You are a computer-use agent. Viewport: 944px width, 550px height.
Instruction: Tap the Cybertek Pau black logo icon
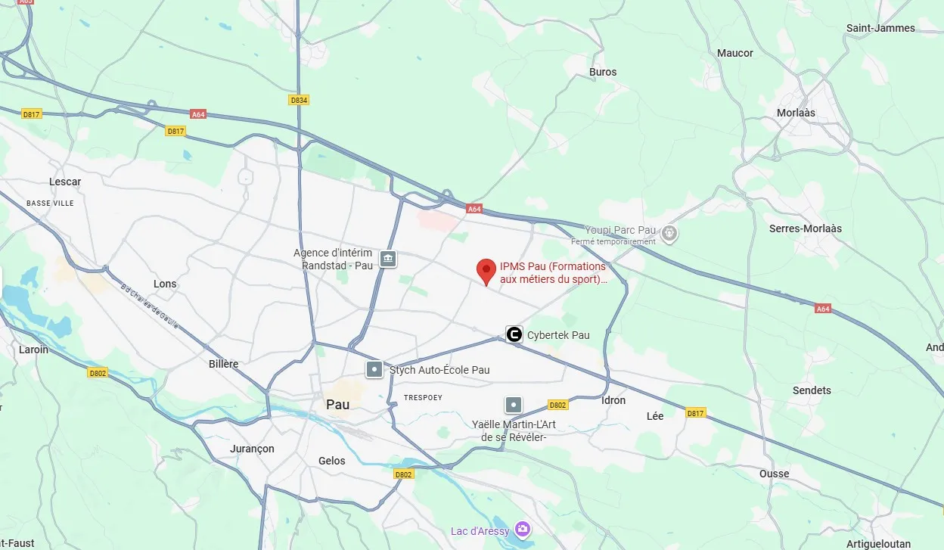(x=514, y=334)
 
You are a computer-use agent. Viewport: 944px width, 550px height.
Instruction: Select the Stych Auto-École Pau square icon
(x=374, y=370)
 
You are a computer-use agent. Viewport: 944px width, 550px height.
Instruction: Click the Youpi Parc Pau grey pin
(x=669, y=233)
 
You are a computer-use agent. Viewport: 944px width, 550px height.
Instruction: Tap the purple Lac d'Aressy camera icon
(x=522, y=529)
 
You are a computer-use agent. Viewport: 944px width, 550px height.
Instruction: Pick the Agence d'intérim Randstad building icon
(x=387, y=259)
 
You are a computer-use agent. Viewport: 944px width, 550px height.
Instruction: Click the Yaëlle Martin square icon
(x=514, y=406)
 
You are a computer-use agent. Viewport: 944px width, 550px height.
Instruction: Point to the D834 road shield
(x=300, y=100)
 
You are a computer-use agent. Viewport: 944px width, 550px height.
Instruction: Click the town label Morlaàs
(x=796, y=113)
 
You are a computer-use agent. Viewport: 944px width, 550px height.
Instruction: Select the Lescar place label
(x=65, y=182)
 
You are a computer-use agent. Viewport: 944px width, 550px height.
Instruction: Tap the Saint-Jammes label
(x=880, y=28)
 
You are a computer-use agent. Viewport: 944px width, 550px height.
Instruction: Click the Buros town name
(x=603, y=72)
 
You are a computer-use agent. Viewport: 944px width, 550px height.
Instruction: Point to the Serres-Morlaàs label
(x=805, y=228)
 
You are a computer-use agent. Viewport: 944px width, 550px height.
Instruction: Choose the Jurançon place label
(x=252, y=449)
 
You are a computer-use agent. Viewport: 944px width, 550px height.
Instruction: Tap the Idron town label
(x=613, y=400)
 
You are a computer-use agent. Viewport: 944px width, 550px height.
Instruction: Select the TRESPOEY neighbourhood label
(x=423, y=397)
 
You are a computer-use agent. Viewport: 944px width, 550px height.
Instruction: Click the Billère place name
(x=223, y=364)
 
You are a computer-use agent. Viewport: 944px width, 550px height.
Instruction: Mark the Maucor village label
(x=735, y=53)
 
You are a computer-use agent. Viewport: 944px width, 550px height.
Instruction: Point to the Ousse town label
(x=774, y=474)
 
